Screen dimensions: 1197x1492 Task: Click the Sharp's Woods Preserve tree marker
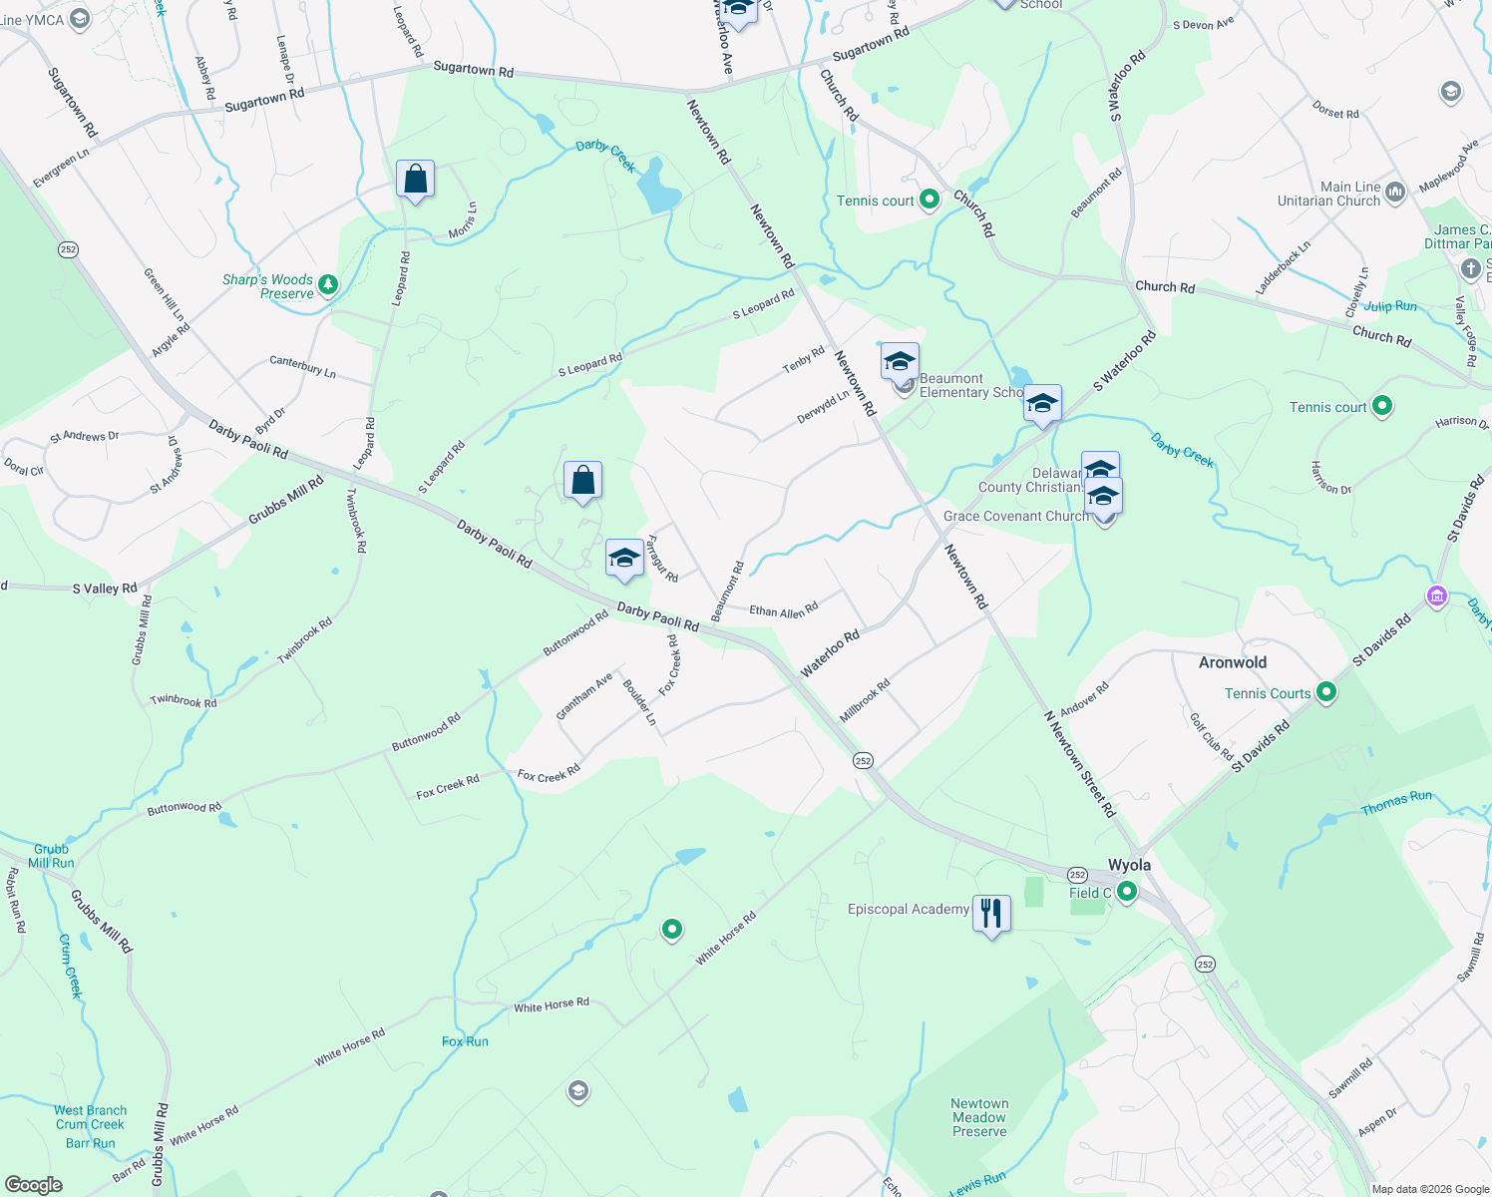pyautogui.click(x=327, y=286)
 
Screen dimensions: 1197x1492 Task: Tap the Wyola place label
pyautogui.click(x=1129, y=865)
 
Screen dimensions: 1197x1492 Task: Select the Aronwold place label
pyautogui.click(x=1233, y=662)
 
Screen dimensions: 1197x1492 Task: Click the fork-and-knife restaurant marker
pyautogui.click(x=991, y=913)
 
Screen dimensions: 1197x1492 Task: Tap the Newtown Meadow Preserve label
pyautogui.click(x=979, y=1117)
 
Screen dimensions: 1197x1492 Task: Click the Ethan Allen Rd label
pyautogui.click(x=783, y=609)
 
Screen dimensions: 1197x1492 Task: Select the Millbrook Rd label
pyautogui.click(x=864, y=701)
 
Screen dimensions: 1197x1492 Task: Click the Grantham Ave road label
pyautogui.click(x=583, y=696)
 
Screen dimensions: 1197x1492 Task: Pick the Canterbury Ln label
pyautogui.click(x=302, y=366)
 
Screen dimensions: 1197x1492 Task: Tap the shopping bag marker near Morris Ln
pyautogui.click(x=415, y=181)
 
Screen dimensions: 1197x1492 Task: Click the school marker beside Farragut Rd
pyautogui.click(x=624, y=559)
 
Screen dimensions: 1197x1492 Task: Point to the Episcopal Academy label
pyautogui.click(x=908, y=909)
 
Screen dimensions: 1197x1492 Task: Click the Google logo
pyautogui.click(x=34, y=1185)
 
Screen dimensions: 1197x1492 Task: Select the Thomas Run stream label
pyautogui.click(x=1396, y=803)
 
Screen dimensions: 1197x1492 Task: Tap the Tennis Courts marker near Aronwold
pyautogui.click(x=1325, y=692)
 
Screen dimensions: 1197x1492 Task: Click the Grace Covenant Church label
pyautogui.click(x=1016, y=516)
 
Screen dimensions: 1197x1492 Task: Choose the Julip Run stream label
pyautogui.click(x=1390, y=306)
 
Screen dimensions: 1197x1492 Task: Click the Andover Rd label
pyautogui.click(x=1084, y=698)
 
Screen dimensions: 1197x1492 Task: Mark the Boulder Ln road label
pyautogui.click(x=639, y=701)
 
